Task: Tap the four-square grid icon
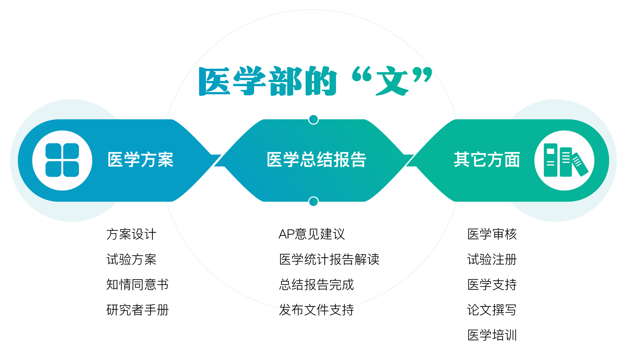click(62, 160)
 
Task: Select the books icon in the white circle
click(564, 160)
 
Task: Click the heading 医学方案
click(140, 160)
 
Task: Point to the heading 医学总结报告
click(316, 160)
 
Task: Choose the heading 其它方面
click(487, 160)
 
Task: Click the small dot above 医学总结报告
click(313, 119)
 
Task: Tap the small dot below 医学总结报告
click(313, 201)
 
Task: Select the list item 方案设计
click(131, 234)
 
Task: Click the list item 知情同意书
click(137, 285)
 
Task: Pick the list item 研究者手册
click(137, 310)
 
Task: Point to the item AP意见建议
click(312, 234)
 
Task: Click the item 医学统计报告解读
click(329, 260)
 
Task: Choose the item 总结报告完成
click(316, 285)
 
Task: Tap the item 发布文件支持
click(316, 310)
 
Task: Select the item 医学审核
click(492, 234)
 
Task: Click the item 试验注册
click(492, 260)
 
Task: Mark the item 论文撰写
click(492, 310)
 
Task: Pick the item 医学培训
click(492, 335)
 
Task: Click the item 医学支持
click(492, 285)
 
